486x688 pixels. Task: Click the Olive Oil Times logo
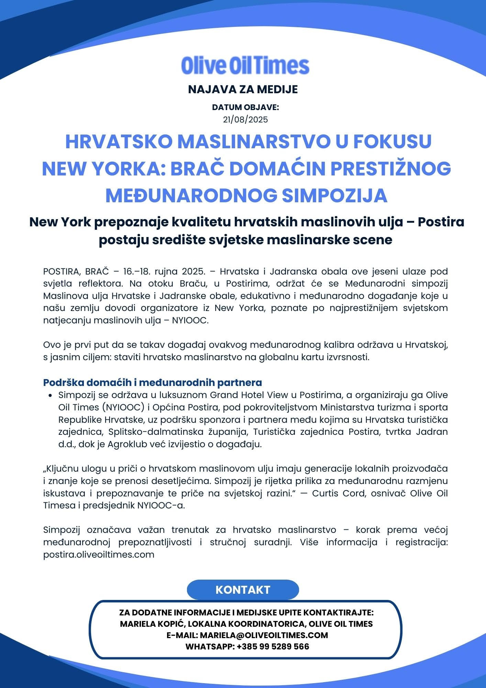[245, 65]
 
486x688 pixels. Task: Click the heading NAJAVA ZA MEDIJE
[243, 89]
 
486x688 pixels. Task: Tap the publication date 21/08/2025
[245, 120]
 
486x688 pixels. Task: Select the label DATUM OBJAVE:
[245, 107]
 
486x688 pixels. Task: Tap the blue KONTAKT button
[243, 590]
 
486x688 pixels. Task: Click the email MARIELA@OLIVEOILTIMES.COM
[264, 635]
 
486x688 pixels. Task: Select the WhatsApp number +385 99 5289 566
[273, 646]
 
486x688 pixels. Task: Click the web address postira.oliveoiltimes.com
[99, 555]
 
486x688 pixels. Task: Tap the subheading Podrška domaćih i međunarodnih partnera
[152, 383]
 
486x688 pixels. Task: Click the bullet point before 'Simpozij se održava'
[51, 396]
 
